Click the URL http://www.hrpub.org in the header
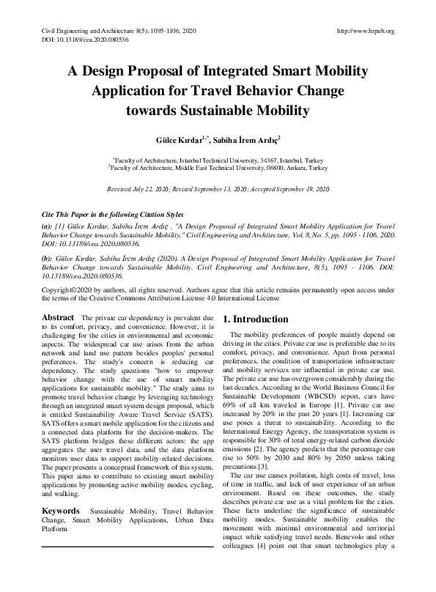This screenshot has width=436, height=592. tap(364, 31)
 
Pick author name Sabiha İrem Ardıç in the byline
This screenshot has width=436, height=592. tap(240, 138)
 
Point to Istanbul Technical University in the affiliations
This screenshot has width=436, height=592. tap(223, 159)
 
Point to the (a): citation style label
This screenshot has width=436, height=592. tap(46, 226)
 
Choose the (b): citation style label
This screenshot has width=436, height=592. tap(46, 259)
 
